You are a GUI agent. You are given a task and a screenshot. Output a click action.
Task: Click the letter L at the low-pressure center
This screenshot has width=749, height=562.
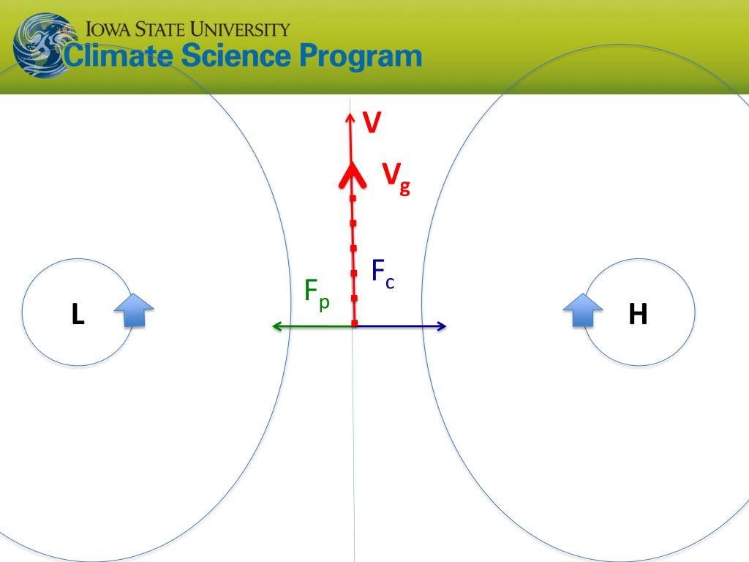coord(78,314)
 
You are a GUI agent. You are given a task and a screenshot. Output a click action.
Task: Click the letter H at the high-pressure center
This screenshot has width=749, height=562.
coord(638,314)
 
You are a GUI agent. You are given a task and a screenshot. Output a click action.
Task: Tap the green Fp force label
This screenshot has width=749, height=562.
coord(317,293)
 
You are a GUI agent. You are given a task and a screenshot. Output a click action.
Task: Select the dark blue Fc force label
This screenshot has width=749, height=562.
coord(383,274)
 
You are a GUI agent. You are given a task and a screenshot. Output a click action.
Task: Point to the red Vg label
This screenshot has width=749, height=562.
coord(396,179)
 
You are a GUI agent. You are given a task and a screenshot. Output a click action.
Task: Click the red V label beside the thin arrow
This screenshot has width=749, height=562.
coord(372,122)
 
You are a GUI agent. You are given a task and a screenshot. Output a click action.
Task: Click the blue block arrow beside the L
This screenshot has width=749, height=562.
coord(135,310)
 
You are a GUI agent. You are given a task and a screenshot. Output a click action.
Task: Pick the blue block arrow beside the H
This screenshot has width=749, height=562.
coord(583,310)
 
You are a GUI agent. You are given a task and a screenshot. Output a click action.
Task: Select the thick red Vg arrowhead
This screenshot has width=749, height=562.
coord(353,175)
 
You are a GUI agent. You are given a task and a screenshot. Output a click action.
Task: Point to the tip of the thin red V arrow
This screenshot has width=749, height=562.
coord(350,113)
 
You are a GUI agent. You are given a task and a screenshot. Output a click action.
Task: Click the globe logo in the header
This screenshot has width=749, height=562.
coord(45,45)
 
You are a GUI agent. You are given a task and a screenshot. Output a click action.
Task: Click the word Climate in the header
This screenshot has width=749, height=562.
coord(118,56)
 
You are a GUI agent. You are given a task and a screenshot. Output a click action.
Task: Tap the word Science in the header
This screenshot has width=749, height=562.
coord(236,55)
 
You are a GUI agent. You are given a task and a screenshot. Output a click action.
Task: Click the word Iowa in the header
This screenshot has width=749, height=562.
coord(108,29)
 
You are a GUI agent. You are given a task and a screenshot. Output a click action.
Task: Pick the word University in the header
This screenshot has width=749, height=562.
coord(241,29)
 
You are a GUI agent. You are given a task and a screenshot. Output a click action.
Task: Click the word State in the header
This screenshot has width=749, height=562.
coord(160,29)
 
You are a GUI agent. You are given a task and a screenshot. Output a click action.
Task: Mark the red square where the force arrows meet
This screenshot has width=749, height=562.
coord(355,323)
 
